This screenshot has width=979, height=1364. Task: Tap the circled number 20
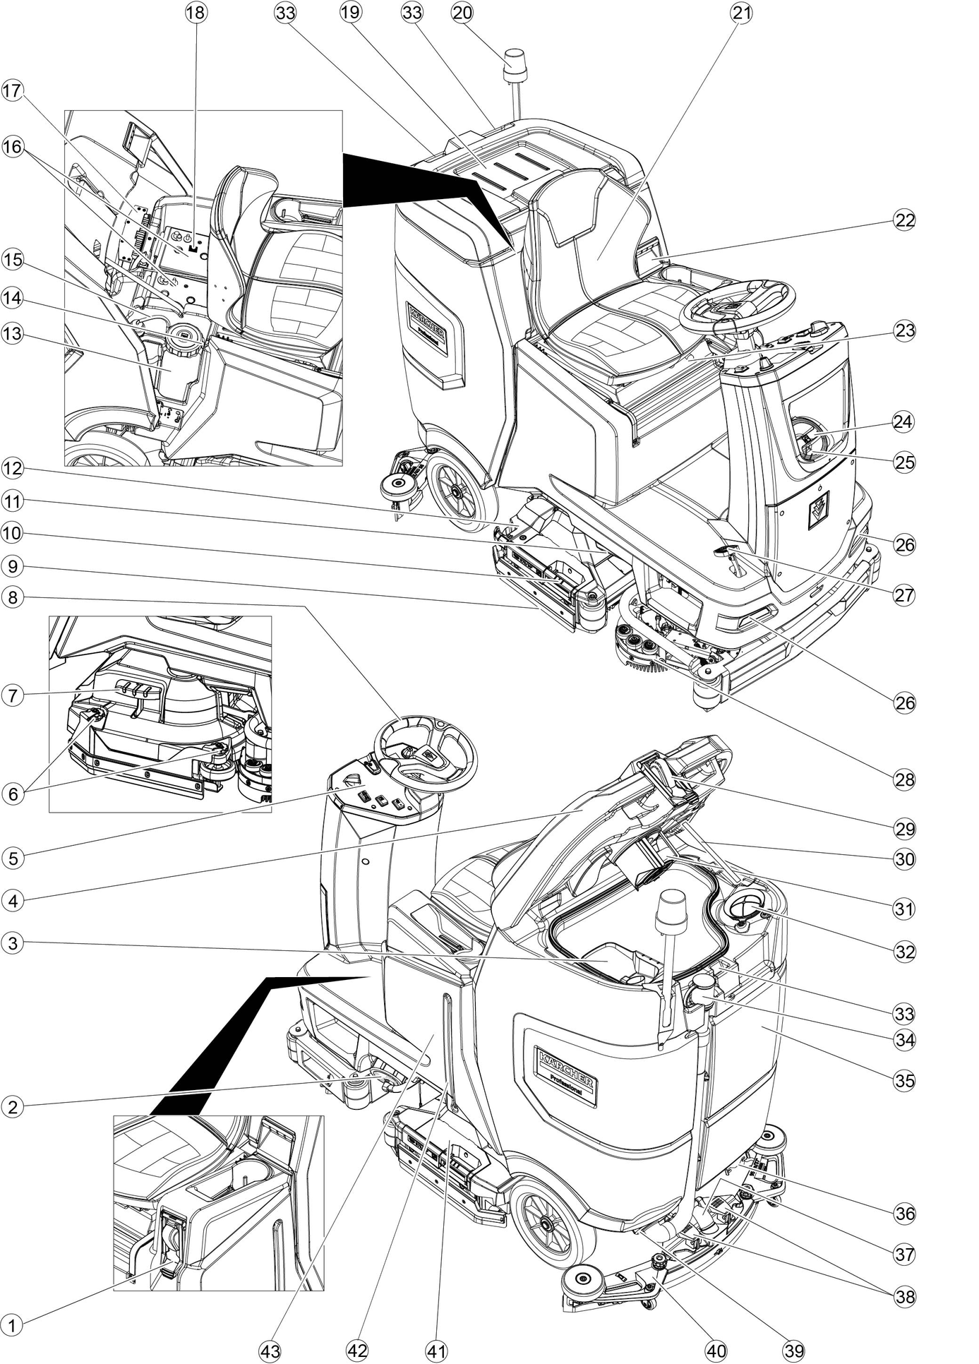463,13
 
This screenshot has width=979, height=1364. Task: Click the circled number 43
270,1351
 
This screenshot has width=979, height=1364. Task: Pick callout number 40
715,1351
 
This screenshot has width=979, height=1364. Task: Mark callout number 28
904,779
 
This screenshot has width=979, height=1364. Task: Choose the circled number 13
12,333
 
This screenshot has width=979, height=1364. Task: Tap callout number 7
12,695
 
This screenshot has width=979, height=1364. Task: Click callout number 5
12,858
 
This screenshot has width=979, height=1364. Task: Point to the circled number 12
12,468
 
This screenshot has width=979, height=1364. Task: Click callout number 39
794,1351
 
